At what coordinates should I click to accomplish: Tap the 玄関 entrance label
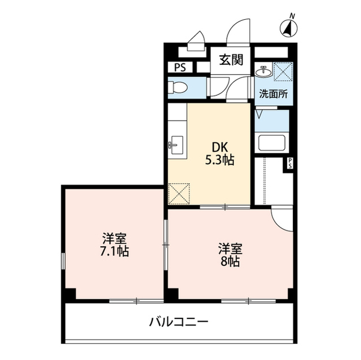pyautogui.click(x=231, y=59)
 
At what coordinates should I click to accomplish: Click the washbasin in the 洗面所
pyautogui.click(x=262, y=72)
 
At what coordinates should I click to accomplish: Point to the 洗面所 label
pyautogui.click(x=273, y=94)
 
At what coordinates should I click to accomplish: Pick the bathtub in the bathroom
pyautogui.click(x=272, y=142)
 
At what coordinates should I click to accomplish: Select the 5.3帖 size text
pyautogui.click(x=219, y=159)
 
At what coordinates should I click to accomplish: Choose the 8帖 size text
pyautogui.click(x=230, y=261)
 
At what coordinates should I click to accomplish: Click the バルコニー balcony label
pyautogui.click(x=179, y=323)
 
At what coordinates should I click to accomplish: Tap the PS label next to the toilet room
pyautogui.click(x=180, y=67)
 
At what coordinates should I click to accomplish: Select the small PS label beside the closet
pyautogui.click(x=290, y=163)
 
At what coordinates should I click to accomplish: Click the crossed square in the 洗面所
pyautogui.click(x=281, y=71)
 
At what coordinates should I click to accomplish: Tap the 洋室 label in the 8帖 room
pyautogui.click(x=230, y=248)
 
